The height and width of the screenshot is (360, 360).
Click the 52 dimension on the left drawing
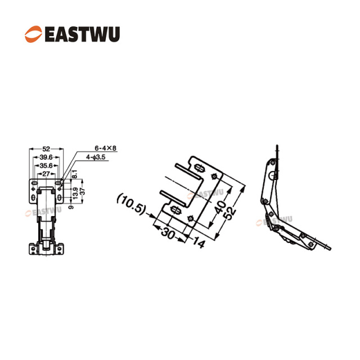tap(46, 148)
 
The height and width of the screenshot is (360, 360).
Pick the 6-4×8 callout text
tap(105, 148)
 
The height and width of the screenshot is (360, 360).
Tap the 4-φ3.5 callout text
tap(96, 157)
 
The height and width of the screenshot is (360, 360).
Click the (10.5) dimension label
tap(131, 202)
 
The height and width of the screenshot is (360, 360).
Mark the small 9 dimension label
tap(69, 206)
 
